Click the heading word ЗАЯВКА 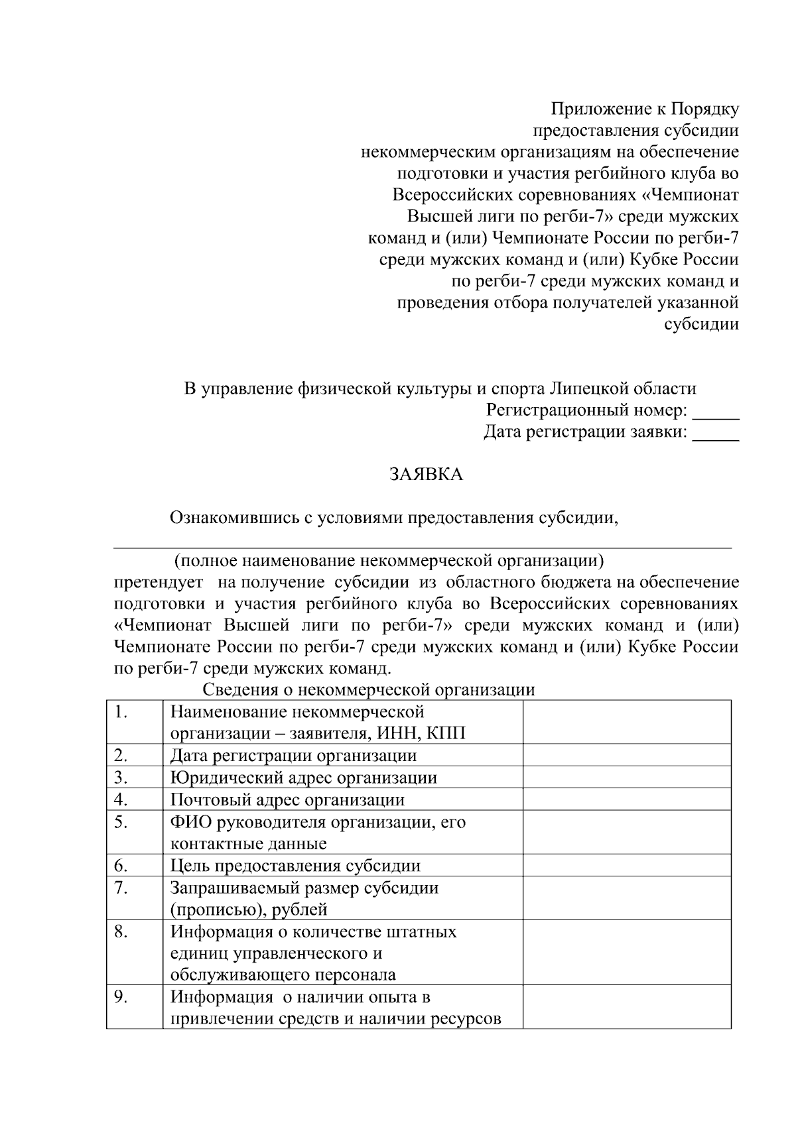(x=425, y=475)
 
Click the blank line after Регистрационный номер (x=715, y=413)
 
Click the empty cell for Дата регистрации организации (x=626, y=756)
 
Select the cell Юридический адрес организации (x=303, y=778)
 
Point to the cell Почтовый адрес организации (x=287, y=800)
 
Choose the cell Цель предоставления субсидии (x=295, y=866)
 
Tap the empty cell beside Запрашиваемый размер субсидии (x=626, y=898)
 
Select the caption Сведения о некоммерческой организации (x=369, y=689)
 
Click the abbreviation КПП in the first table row (x=446, y=734)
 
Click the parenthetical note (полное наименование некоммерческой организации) (x=389, y=561)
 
